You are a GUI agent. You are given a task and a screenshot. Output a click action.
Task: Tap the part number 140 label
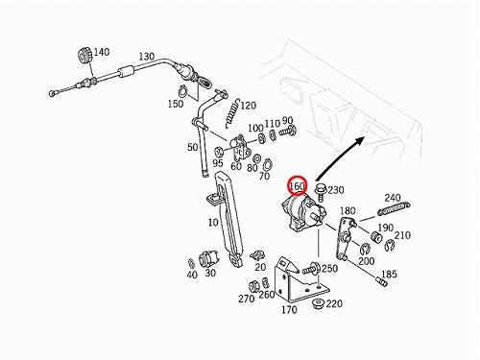(x=102, y=52)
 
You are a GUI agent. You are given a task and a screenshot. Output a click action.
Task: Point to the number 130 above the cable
(x=147, y=57)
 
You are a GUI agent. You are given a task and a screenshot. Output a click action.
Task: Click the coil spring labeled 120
(x=232, y=112)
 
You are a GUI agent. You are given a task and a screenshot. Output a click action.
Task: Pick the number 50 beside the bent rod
(x=192, y=147)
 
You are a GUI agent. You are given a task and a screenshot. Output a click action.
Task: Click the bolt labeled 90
(x=288, y=131)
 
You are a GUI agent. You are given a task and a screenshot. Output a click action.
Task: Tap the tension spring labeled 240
(x=394, y=207)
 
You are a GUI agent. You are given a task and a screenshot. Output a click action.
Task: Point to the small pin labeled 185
(x=381, y=281)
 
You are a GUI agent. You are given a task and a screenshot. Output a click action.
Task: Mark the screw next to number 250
(x=310, y=269)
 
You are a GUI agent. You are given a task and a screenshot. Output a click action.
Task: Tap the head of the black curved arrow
(x=360, y=140)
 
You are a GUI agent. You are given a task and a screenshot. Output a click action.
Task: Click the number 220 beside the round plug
(x=334, y=303)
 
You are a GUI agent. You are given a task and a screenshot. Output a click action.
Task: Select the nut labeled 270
(x=254, y=286)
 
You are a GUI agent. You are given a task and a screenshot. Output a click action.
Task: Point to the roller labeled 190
(x=376, y=237)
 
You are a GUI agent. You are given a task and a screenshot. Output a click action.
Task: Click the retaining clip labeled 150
(x=183, y=90)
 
